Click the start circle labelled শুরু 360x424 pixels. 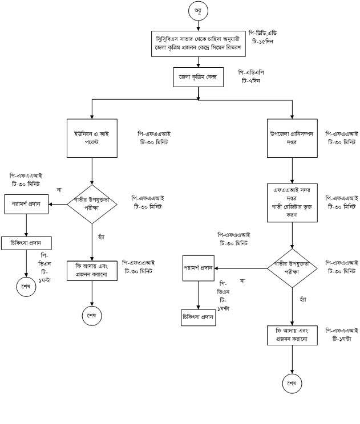click(x=197, y=11)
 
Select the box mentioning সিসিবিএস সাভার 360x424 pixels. click(x=197, y=43)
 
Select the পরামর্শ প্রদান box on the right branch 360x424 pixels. click(x=198, y=268)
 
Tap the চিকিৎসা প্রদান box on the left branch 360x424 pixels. click(x=26, y=243)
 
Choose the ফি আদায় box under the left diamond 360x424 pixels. click(x=92, y=271)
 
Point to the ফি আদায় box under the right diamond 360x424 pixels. click(x=292, y=335)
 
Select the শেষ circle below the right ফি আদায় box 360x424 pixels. click(x=292, y=383)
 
